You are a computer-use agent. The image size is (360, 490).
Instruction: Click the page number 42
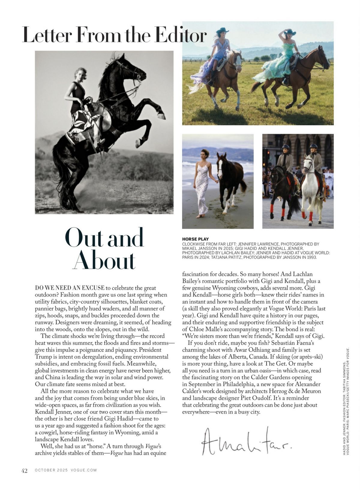[24, 470]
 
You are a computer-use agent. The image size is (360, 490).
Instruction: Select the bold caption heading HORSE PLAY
[195, 239]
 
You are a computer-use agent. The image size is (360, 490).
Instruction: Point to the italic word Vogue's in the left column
[154, 446]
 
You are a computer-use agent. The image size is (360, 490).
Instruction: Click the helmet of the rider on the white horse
[314, 147]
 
